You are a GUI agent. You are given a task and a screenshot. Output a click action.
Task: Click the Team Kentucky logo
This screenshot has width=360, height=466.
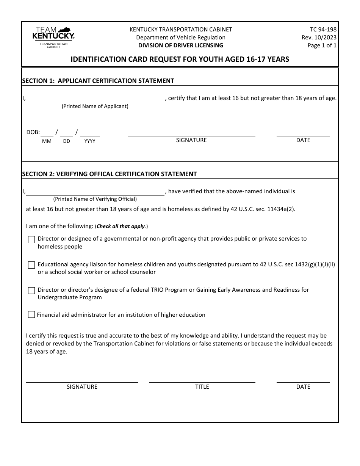(53, 37)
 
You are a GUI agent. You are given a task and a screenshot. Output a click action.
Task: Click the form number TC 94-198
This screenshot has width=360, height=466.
(323, 29)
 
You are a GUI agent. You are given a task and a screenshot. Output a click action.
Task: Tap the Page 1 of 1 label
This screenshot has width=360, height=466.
(322, 45)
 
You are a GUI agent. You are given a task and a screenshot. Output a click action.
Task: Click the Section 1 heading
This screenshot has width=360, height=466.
(98, 81)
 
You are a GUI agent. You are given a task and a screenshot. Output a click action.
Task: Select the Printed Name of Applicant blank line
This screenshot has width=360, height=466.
(95, 99)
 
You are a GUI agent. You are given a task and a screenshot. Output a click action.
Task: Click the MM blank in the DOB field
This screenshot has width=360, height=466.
(47, 133)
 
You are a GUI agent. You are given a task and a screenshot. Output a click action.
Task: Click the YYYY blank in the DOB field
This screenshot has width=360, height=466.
(90, 133)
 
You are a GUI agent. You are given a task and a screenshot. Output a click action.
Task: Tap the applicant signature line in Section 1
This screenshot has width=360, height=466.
(191, 133)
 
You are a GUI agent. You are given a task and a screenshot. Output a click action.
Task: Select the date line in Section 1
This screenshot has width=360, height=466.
(303, 133)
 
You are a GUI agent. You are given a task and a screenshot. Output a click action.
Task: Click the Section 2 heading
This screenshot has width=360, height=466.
(110, 174)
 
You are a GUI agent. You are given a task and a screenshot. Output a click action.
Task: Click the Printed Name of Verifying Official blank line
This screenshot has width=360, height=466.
(95, 192)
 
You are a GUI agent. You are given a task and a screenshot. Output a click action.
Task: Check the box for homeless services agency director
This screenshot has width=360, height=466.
(31, 239)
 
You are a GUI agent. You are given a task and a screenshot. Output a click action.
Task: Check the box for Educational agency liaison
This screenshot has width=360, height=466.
(31, 265)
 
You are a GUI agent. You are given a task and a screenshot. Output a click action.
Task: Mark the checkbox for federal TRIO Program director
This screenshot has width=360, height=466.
(31, 291)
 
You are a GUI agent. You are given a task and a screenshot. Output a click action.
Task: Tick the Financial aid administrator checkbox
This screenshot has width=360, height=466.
(31, 314)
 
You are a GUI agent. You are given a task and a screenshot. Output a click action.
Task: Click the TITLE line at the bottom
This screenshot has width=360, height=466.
(202, 380)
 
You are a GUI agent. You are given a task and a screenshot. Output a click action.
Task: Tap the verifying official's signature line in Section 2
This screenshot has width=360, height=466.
(82, 380)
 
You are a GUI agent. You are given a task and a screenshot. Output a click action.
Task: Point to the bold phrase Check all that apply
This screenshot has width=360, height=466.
(121, 226)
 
